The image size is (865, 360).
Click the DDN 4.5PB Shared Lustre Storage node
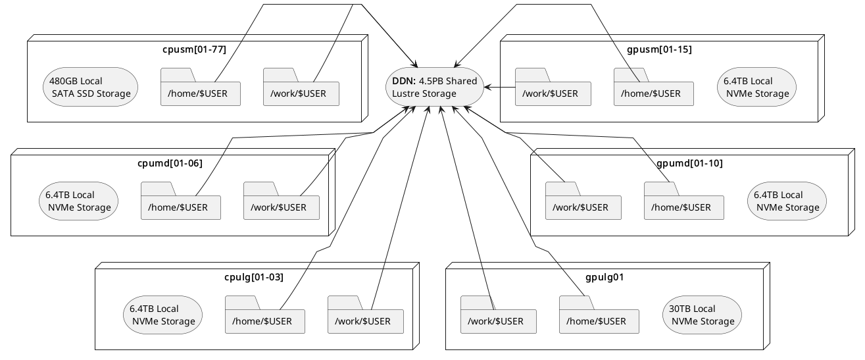click(434, 87)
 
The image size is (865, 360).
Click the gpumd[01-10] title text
click(689, 163)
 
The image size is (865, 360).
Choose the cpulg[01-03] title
click(253, 277)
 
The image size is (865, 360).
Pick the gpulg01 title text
click(604, 277)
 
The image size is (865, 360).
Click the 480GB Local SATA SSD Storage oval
click(90, 87)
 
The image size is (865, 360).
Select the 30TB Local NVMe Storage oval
click(702, 315)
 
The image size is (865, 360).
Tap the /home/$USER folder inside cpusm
click(200, 93)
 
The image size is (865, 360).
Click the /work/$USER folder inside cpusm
click(301, 93)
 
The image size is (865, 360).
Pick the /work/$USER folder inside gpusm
click(553, 93)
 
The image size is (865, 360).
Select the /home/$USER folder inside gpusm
click(653, 93)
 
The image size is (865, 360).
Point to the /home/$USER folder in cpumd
click(180, 207)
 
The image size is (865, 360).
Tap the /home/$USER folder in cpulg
click(264, 321)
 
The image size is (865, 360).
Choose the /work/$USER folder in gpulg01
click(498, 321)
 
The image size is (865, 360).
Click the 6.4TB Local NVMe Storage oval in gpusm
click(756, 87)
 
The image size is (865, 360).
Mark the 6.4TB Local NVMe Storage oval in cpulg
click(162, 315)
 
